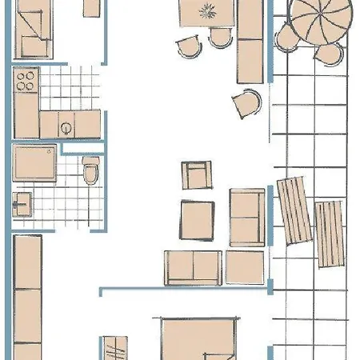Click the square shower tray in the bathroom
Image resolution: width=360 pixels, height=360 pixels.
point(35,163)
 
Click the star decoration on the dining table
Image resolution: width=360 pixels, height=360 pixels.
point(207,11)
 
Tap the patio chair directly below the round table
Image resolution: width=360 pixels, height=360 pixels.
point(326,54)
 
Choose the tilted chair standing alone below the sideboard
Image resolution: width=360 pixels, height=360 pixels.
point(247,102)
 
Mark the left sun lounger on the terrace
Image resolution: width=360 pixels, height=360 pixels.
point(294,210)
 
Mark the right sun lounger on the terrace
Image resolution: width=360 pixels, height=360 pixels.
point(329,233)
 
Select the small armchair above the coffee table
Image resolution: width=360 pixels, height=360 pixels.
point(197,174)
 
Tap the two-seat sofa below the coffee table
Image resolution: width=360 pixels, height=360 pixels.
point(193,267)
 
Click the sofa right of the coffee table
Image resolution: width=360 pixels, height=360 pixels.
point(247,218)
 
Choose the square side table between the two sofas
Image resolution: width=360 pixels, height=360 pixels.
point(244,266)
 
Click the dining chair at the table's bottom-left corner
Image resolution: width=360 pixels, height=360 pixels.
point(190,47)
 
